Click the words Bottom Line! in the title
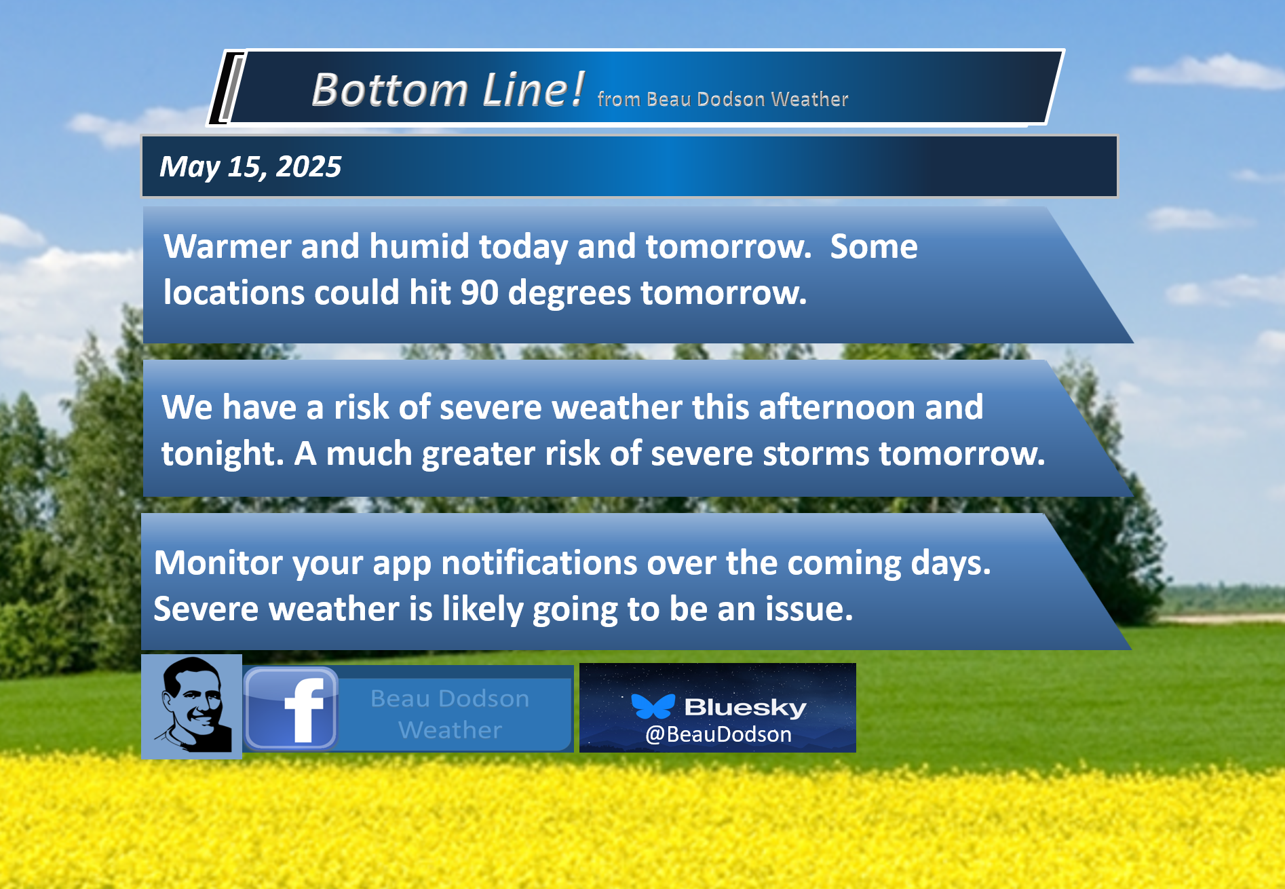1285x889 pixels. (448, 90)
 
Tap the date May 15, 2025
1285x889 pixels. (250, 167)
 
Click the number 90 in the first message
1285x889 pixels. (480, 292)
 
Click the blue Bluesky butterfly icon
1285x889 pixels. (653, 706)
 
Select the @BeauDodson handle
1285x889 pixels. (718, 734)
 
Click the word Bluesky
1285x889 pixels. (745, 707)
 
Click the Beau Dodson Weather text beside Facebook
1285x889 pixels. (450, 714)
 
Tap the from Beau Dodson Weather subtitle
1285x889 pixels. (723, 99)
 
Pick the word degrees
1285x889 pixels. (570, 293)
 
